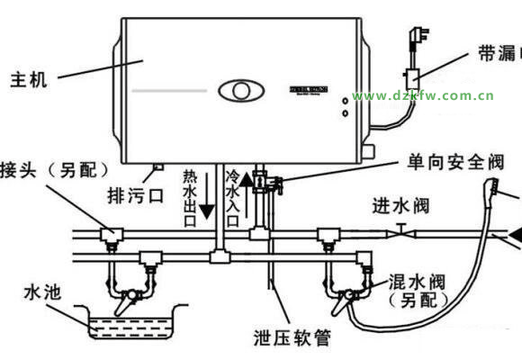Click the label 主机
point(30,77)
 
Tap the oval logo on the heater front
point(238,90)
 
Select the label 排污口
point(135,193)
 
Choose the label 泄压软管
point(287,339)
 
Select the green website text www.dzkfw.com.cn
point(423,95)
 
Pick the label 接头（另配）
point(54,170)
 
